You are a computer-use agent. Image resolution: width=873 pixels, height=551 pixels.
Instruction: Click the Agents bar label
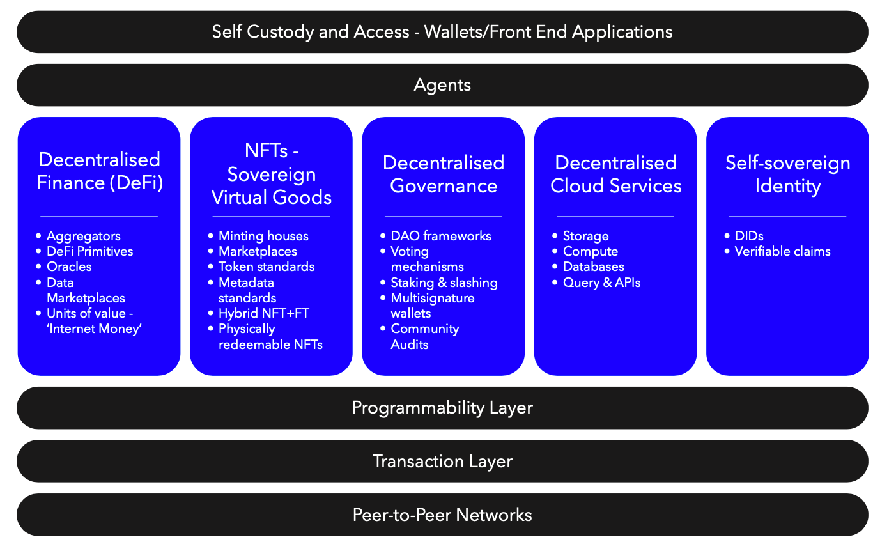pos(442,85)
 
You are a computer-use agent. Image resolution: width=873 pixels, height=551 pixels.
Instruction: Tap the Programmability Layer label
pos(442,408)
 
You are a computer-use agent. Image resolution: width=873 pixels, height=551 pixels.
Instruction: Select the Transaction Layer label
pos(442,462)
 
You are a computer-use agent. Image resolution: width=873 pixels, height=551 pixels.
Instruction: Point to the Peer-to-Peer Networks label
pos(442,515)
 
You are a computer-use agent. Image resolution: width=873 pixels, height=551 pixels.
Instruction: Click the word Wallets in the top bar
pos(453,31)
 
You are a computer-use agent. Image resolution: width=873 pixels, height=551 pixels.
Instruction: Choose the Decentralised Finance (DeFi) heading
pos(100,171)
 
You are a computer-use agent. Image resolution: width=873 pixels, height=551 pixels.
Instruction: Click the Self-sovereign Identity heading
pos(787,174)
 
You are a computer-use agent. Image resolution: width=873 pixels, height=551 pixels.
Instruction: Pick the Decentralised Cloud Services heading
pos(616,174)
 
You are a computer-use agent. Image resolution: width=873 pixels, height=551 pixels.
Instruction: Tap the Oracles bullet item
pos(69,267)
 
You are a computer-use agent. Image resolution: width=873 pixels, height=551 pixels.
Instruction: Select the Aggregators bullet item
pos(84,236)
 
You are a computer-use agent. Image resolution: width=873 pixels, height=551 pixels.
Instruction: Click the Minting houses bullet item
pos(263,236)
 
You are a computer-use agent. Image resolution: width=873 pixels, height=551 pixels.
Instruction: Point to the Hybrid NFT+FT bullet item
pos(264,313)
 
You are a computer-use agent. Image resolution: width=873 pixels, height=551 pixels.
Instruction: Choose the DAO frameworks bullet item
pos(441,236)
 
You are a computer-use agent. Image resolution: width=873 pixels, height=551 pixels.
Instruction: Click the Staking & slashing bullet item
pos(444,283)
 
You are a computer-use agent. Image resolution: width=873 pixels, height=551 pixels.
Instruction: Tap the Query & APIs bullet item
pos(602,283)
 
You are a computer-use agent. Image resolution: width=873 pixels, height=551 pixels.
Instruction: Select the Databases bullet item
pos(594,267)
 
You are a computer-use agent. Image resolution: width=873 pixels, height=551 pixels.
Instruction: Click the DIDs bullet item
pos(749,236)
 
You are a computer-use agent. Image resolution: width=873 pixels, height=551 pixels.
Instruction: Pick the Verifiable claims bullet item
pos(783,251)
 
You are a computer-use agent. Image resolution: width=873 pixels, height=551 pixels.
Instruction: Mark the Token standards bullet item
pos(267,267)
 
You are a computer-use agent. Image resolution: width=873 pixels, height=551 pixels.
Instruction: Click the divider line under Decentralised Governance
pos(443,216)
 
